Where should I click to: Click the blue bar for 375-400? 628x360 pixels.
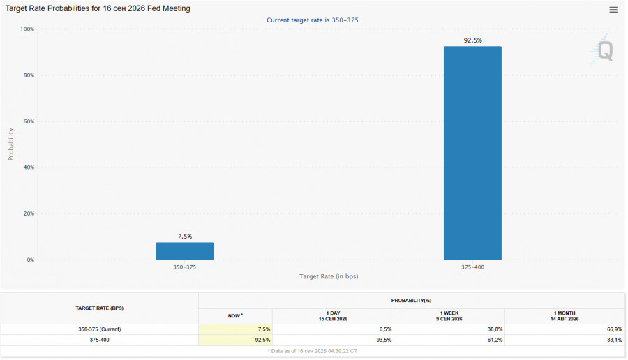(472, 153)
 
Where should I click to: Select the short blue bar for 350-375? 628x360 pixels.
(185, 251)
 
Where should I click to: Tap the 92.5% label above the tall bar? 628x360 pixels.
(472, 40)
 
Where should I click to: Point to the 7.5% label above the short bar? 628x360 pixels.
(185, 237)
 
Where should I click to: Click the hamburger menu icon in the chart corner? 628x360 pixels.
(613, 10)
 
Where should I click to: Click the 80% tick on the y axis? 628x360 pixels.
(29, 75)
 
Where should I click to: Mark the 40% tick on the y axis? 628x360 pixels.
(29, 167)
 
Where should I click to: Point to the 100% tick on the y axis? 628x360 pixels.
(27, 29)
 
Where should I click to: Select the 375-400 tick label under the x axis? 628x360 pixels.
(472, 267)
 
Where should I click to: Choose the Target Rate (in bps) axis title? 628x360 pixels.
(329, 276)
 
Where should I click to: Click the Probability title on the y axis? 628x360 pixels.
(10, 144)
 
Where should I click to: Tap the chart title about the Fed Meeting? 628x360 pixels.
(98, 8)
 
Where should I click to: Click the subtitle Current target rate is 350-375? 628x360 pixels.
(313, 20)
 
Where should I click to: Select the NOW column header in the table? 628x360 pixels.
(235, 316)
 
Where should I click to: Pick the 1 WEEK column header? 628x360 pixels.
(449, 316)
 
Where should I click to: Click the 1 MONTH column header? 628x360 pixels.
(565, 316)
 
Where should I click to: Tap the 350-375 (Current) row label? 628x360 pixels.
(99, 329)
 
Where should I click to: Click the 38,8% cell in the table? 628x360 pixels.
(495, 329)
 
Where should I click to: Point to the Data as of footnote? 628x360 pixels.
(313, 351)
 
